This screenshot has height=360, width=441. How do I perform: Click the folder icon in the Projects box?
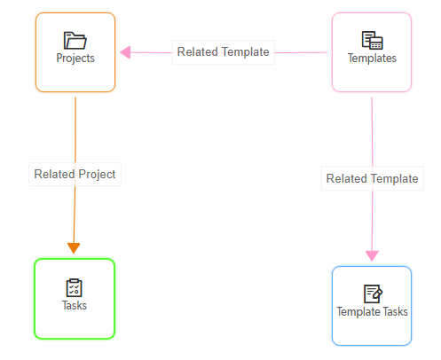click(75, 41)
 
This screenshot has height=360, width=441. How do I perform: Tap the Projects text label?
click(75, 59)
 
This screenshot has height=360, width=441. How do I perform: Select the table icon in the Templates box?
click(372, 40)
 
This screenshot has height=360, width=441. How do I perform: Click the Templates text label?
click(372, 58)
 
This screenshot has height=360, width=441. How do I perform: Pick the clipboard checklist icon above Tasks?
click(74, 287)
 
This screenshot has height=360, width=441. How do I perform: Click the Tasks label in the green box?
click(75, 305)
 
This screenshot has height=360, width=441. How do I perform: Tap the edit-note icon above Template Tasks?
click(373, 293)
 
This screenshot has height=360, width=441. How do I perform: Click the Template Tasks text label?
click(372, 311)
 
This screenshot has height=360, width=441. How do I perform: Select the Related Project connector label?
click(75, 174)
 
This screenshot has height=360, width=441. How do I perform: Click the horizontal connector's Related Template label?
click(224, 52)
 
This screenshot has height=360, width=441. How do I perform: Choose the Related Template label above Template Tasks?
click(373, 178)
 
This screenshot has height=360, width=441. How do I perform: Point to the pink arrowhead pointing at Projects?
click(125, 52)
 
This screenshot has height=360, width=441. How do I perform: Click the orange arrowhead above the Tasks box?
click(74, 248)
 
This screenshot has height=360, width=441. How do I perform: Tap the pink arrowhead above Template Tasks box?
click(372, 255)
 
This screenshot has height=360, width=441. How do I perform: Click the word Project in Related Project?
click(97, 175)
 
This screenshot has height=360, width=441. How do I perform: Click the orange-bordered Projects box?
click(75, 52)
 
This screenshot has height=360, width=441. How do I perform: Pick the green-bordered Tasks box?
click(75, 299)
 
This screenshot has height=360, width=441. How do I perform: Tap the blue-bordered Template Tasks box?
click(372, 306)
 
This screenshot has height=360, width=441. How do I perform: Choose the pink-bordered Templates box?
click(372, 52)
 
